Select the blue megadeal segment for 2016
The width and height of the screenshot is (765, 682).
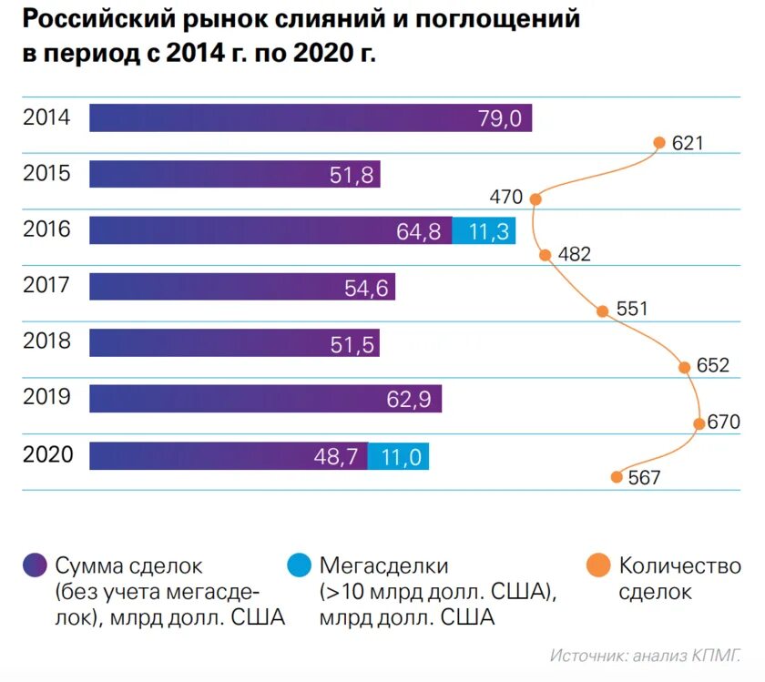coord(484,230)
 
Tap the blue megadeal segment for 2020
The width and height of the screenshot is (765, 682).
coord(398,456)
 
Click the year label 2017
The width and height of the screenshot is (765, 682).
coord(46,286)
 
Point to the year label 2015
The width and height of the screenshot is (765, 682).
coord(46,173)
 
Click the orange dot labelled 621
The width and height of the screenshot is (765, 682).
coord(658,142)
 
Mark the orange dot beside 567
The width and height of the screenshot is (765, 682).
coord(617,476)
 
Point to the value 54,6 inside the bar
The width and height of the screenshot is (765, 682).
coord(366,288)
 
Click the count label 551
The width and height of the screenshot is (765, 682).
coord(632,310)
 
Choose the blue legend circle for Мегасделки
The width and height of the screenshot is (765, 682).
coord(299,566)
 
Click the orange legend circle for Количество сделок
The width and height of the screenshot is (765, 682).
coord(598,566)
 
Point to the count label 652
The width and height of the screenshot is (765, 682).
coord(713,366)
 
